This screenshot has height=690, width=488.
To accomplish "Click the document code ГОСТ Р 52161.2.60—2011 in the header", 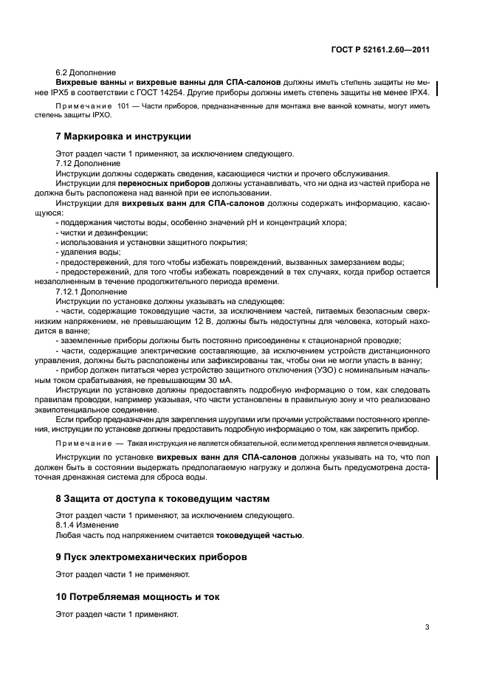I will pos(381,50).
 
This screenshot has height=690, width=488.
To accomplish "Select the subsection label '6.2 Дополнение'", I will pos(85,73).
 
